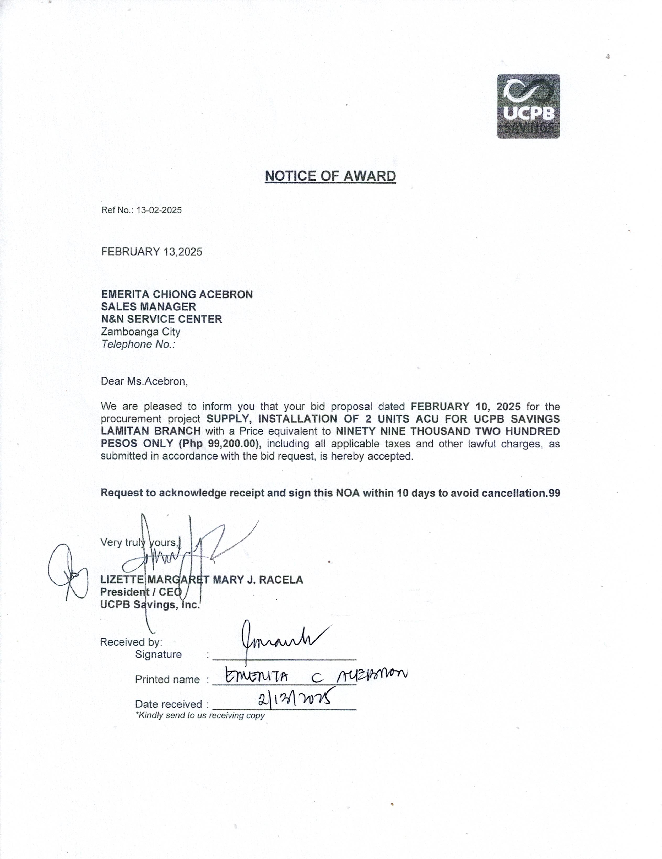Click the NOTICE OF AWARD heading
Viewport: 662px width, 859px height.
click(x=330, y=176)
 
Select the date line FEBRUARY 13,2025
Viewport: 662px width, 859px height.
click(x=151, y=252)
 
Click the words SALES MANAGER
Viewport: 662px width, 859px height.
click(x=148, y=306)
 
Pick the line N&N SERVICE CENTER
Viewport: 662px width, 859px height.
click(x=161, y=319)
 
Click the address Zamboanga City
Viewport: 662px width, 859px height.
click(x=140, y=332)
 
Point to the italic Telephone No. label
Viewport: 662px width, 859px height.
click(x=138, y=344)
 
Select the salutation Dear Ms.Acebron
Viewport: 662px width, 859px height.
click(x=144, y=381)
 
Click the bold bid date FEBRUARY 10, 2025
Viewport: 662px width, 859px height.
click(x=465, y=406)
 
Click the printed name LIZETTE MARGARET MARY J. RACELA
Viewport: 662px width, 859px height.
click(x=201, y=580)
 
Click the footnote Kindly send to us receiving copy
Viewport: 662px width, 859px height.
click(x=200, y=715)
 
